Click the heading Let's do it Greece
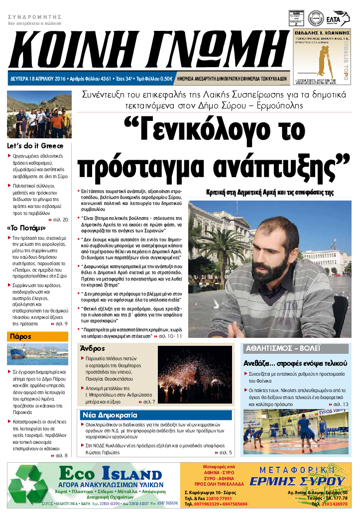(x=35, y=146)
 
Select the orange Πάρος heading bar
(x=38, y=336)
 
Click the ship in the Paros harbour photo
(x=22, y=354)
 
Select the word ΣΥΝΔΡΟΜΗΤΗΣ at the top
(x=29, y=17)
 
